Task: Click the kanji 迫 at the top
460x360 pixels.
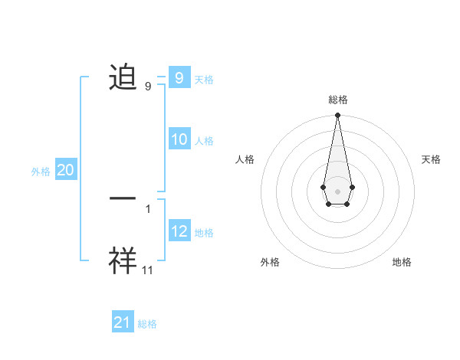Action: coord(123,78)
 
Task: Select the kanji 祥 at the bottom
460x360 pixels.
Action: coord(123,260)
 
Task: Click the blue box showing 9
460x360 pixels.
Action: coord(179,77)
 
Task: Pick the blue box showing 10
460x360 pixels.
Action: coord(179,139)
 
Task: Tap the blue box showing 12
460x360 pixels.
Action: coord(179,231)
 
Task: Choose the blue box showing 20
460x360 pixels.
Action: coord(65,170)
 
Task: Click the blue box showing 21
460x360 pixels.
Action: coord(123,322)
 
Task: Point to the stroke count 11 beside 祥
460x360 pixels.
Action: coord(148,270)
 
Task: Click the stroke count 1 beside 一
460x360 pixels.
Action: coord(147,208)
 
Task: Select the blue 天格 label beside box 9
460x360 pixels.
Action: coord(204,79)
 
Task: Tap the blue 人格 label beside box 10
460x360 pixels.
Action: coord(204,141)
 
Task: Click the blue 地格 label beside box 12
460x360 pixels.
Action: coord(204,232)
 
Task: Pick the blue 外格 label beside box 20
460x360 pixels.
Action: coord(41,172)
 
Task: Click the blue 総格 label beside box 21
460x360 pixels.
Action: coord(147,324)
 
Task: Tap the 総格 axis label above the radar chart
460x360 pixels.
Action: coord(338,100)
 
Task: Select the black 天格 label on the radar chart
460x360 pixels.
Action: coord(432,159)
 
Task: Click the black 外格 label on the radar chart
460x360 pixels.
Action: coord(270,262)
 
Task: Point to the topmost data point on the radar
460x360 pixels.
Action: coord(337,115)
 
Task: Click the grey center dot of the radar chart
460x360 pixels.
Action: coord(337,191)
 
